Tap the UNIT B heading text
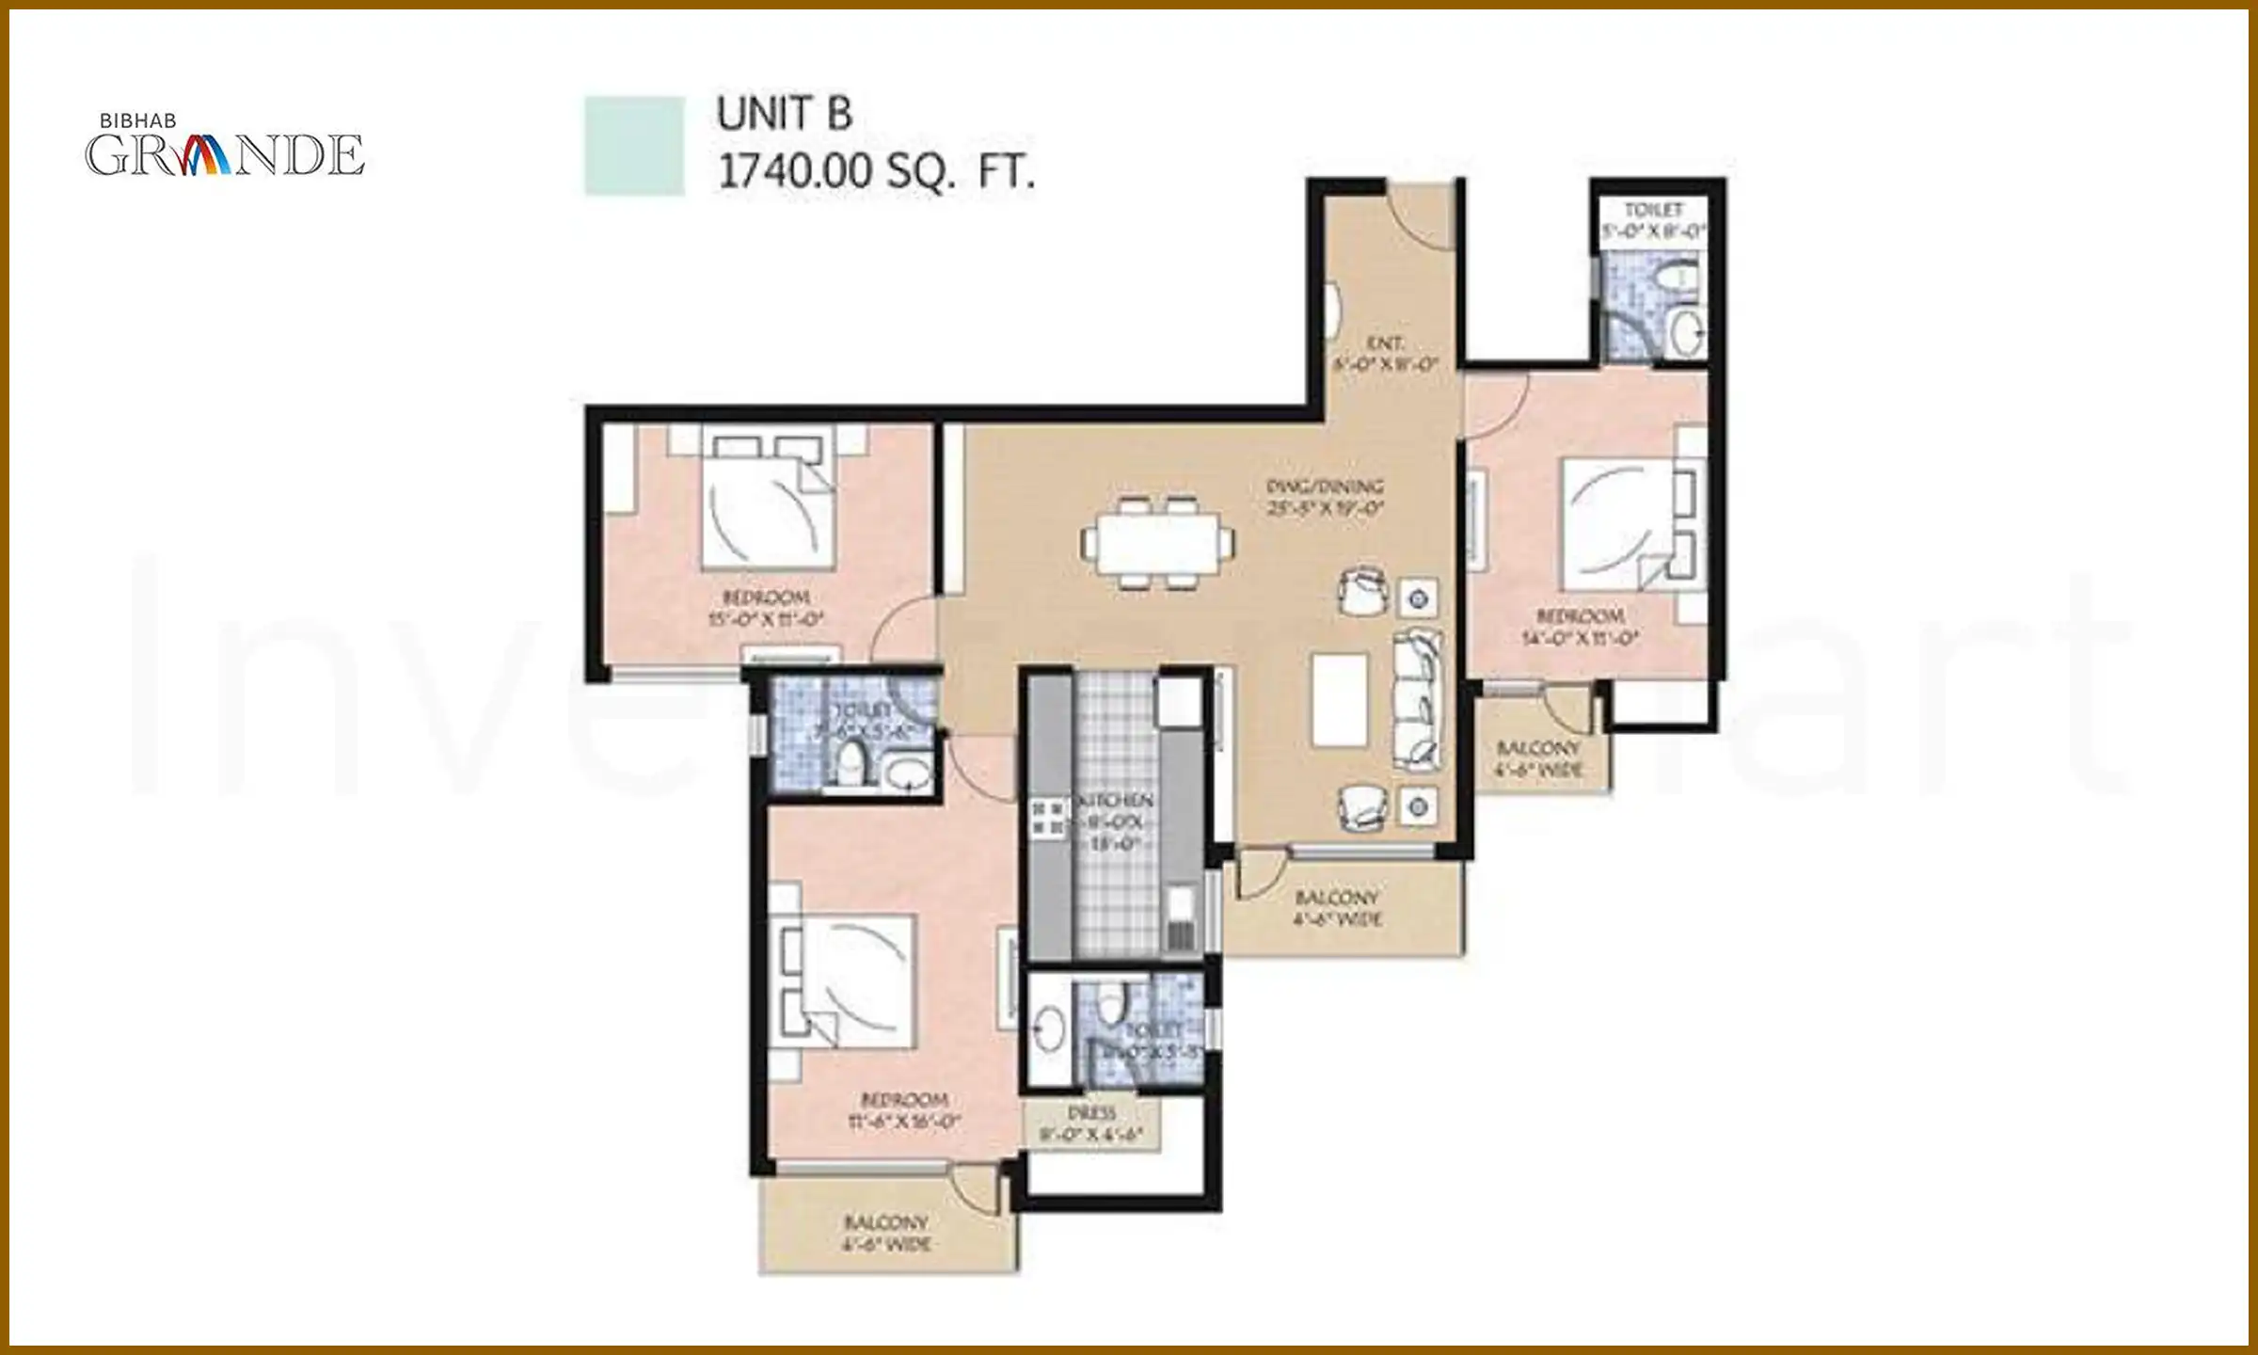tap(784, 115)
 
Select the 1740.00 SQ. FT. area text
tap(876, 172)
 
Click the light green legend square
tap(634, 146)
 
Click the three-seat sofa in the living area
tap(1418, 700)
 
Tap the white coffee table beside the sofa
tap(1340, 699)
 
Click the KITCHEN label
tap(1115, 801)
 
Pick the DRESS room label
tap(1091, 1113)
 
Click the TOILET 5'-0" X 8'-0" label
tap(1653, 220)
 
